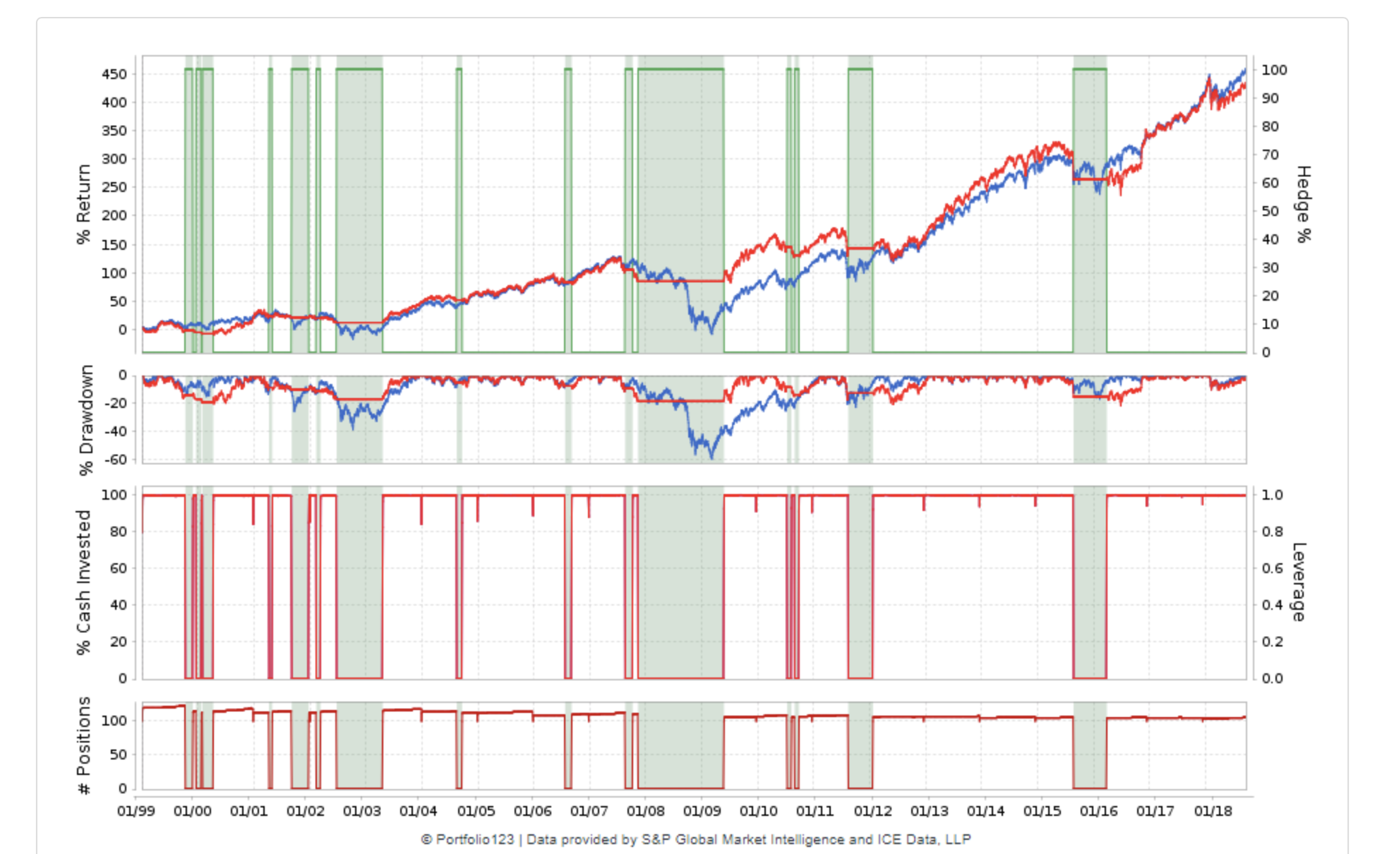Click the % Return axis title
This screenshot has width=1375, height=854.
pyautogui.click(x=83, y=205)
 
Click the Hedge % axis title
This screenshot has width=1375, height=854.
pyautogui.click(x=1303, y=205)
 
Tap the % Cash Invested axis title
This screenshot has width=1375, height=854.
pyautogui.click(x=83, y=582)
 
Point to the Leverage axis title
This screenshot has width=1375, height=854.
pyautogui.click(x=1299, y=582)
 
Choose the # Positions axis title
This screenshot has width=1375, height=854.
pyautogui.click(x=83, y=745)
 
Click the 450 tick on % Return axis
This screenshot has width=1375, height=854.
pyautogui.click(x=114, y=74)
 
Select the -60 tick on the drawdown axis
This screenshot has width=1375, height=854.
pyautogui.click(x=116, y=459)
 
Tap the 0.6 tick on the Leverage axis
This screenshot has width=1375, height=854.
pyautogui.click(x=1272, y=568)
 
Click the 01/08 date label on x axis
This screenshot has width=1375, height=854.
pyautogui.click(x=645, y=811)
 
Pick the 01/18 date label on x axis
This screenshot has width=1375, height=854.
pyautogui.click(x=1213, y=811)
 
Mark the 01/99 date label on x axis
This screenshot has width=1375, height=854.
pyautogui.click(x=136, y=811)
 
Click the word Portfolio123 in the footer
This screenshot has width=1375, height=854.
pyautogui.click(x=474, y=839)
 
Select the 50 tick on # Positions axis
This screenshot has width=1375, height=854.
pyautogui.click(x=119, y=754)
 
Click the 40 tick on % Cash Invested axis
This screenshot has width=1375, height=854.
pyautogui.click(x=119, y=605)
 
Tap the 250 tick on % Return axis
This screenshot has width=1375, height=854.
pyautogui.click(x=114, y=187)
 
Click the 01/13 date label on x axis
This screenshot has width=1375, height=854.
pyautogui.click(x=929, y=811)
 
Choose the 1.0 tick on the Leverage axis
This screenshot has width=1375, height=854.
pyautogui.click(x=1272, y=495)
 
